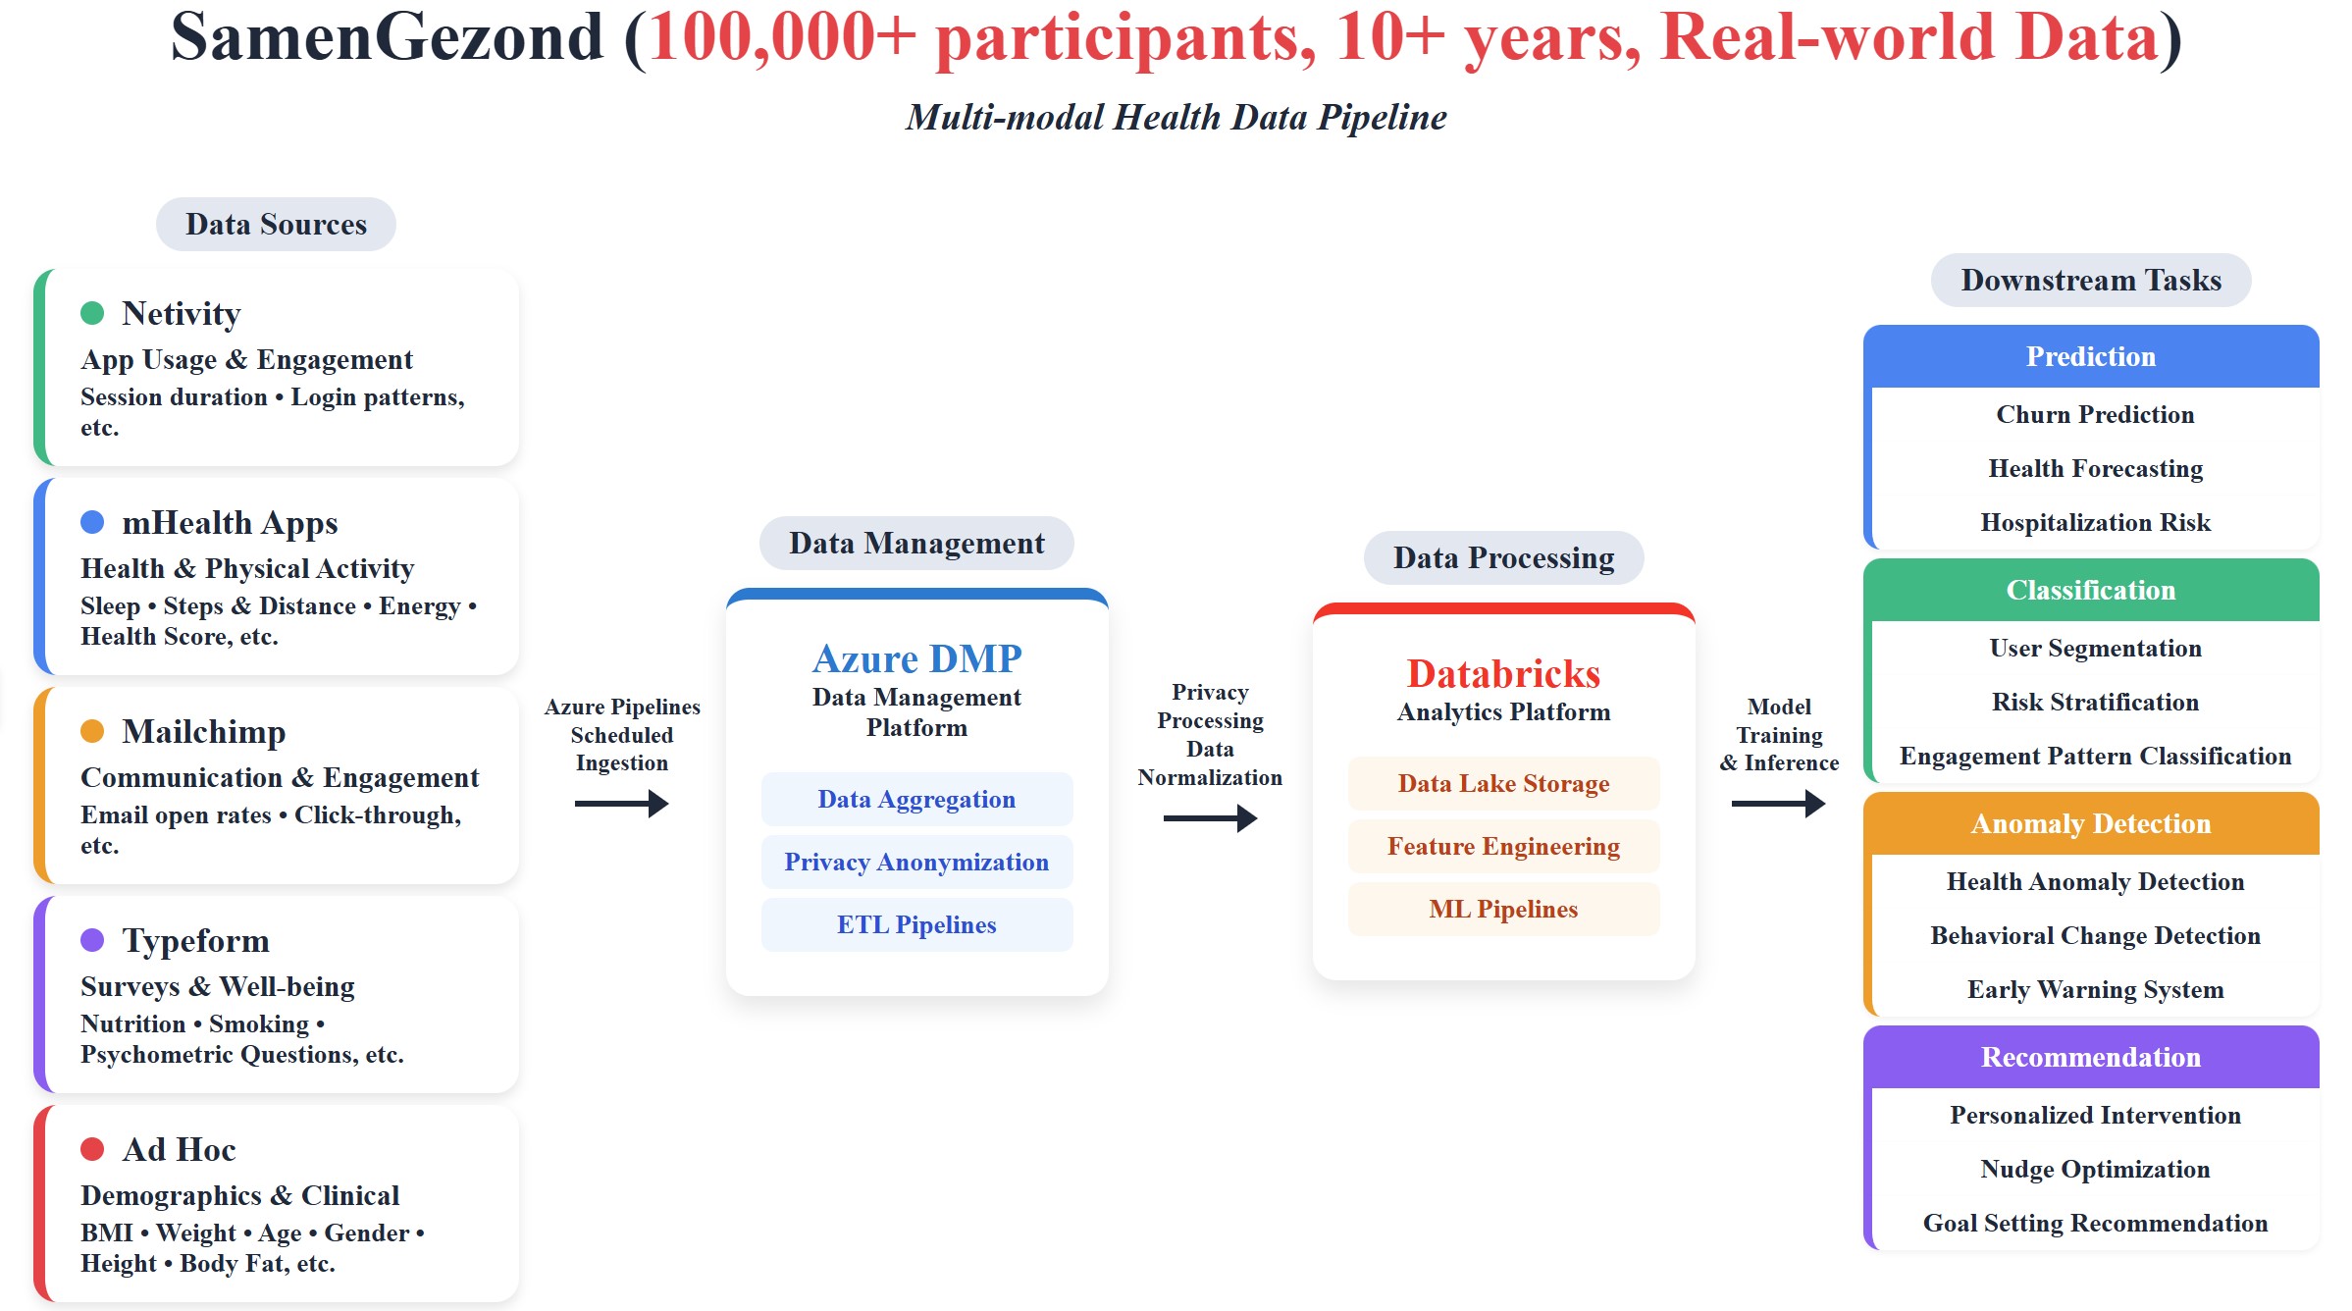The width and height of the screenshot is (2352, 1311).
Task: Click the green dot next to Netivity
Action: [92, 313]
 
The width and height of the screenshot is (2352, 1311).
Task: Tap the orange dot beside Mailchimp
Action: [92, 731]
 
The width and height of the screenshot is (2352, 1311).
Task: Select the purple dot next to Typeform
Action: [92, 940]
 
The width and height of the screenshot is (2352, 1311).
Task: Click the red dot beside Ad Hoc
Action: [92, 1149]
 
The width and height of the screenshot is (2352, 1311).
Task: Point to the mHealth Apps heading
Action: [230, 522]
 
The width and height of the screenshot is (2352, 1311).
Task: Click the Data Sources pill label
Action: [276, 224]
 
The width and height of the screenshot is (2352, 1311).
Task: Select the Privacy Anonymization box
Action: [916, 862]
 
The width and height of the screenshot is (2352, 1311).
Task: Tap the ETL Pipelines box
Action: [916, 924]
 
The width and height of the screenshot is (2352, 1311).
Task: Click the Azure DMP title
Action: [916, 658]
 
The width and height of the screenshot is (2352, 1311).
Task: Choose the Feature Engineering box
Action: [1503, 846]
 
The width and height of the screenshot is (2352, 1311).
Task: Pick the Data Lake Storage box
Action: [1503, 783]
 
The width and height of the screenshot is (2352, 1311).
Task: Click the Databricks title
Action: [1503, 673]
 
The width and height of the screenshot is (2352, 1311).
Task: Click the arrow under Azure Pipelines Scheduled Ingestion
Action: [622, 804]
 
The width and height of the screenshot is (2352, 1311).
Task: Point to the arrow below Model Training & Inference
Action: [1778, 804]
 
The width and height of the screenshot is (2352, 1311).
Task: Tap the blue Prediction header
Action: [2090, 356]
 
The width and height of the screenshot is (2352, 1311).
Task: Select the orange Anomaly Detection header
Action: [2090, 823]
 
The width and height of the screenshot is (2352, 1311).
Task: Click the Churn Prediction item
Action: [2095, 414]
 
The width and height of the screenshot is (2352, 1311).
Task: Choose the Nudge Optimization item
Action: [2095, 1169]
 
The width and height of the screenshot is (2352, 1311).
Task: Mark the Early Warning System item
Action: [2095, 989]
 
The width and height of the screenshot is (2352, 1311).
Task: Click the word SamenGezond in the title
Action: [387, 37]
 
